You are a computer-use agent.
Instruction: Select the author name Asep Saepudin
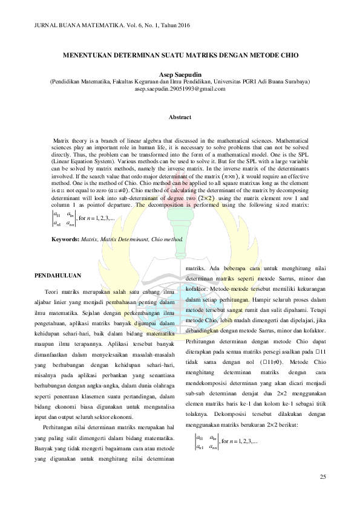[180, 73]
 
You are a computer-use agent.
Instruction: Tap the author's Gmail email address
[180, 88]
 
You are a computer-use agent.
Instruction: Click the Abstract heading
[180, 116]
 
